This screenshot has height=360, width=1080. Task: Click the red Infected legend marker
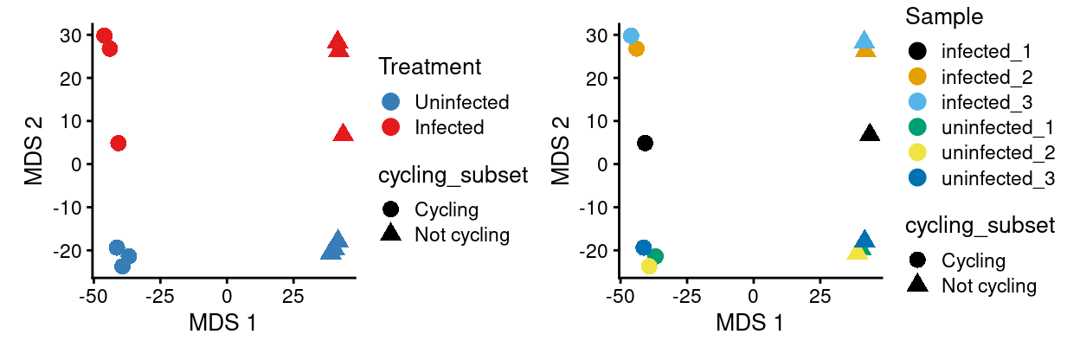coord(391,127)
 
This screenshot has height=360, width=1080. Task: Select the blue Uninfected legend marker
coord(391,101)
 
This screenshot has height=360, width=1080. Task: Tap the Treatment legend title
coord(429,66)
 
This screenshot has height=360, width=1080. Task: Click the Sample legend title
coord(945,16)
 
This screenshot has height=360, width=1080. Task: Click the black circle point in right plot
coord(645,143)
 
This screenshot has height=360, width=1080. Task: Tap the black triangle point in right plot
coord(870,133)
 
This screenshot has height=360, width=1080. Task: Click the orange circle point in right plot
coord(636,48)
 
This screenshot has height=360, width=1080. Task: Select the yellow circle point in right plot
coord(649,266)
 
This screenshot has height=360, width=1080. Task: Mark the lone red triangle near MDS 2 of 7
coord(343,133)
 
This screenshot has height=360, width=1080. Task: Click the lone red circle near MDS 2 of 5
coord(119,143)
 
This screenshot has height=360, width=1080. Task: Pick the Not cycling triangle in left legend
coord(391,234)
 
